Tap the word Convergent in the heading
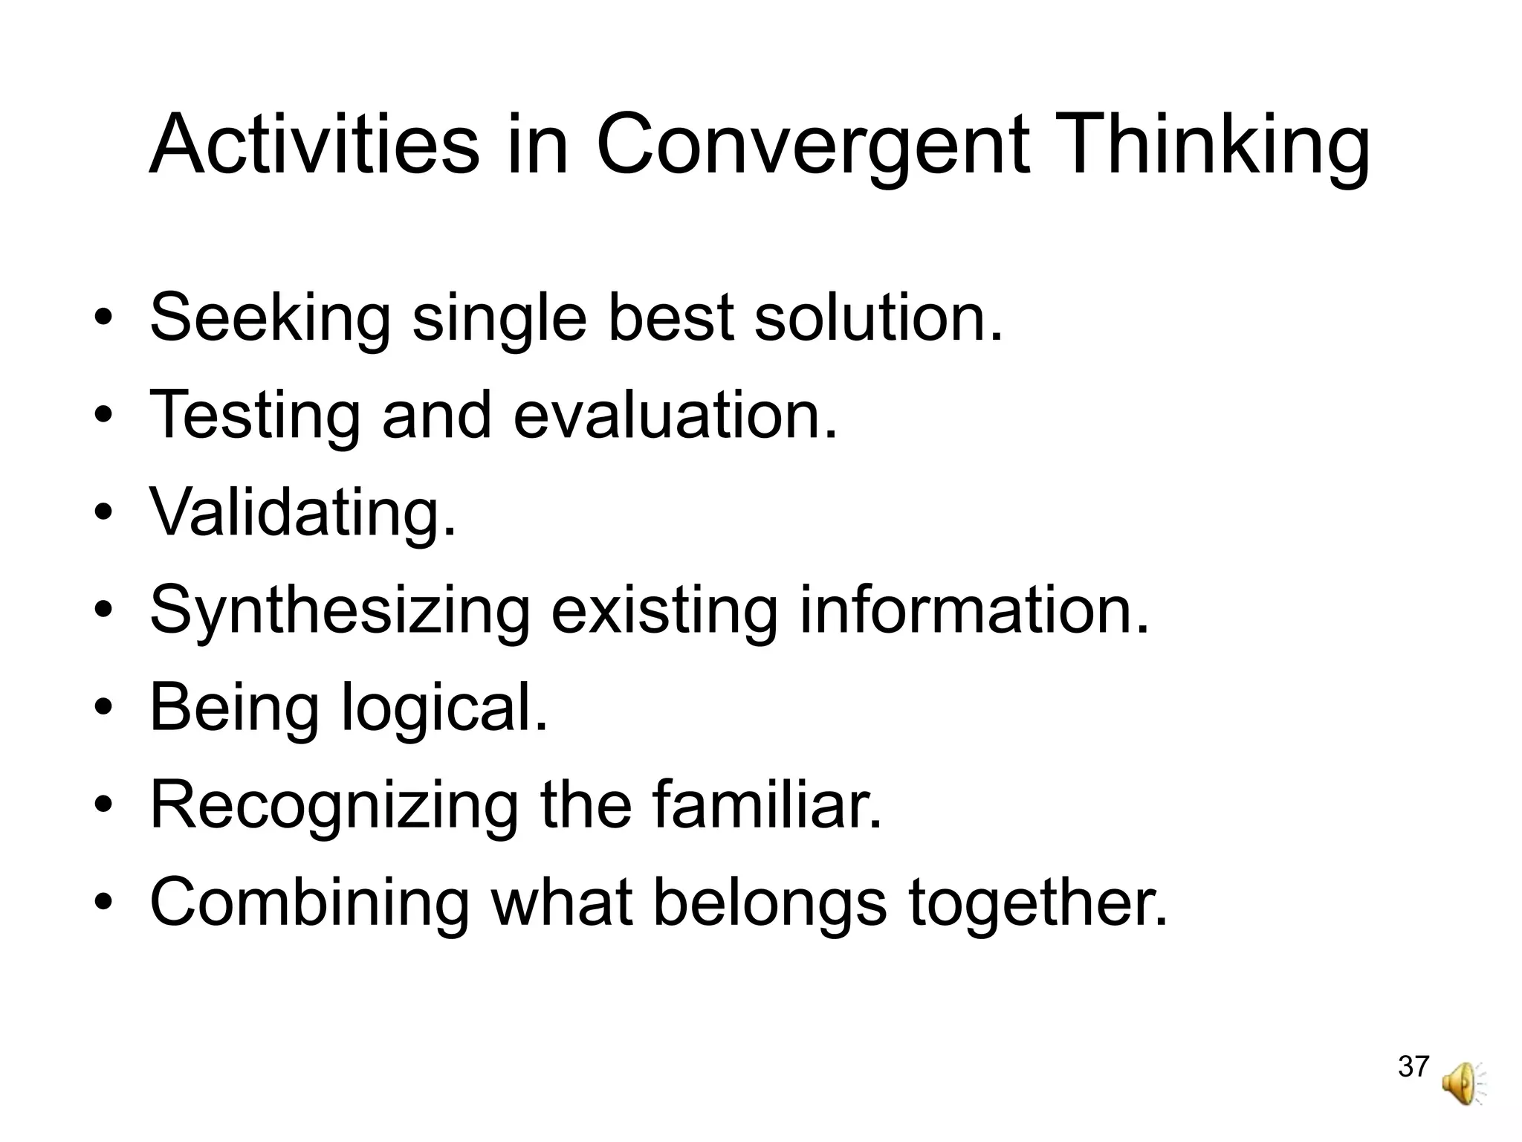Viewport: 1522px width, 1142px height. [x=813, y=145]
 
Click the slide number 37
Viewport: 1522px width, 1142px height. [x=1413, y=1067]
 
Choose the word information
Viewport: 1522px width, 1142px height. [x=974, y=610]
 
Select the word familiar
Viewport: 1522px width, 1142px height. [x=768, y=804]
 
